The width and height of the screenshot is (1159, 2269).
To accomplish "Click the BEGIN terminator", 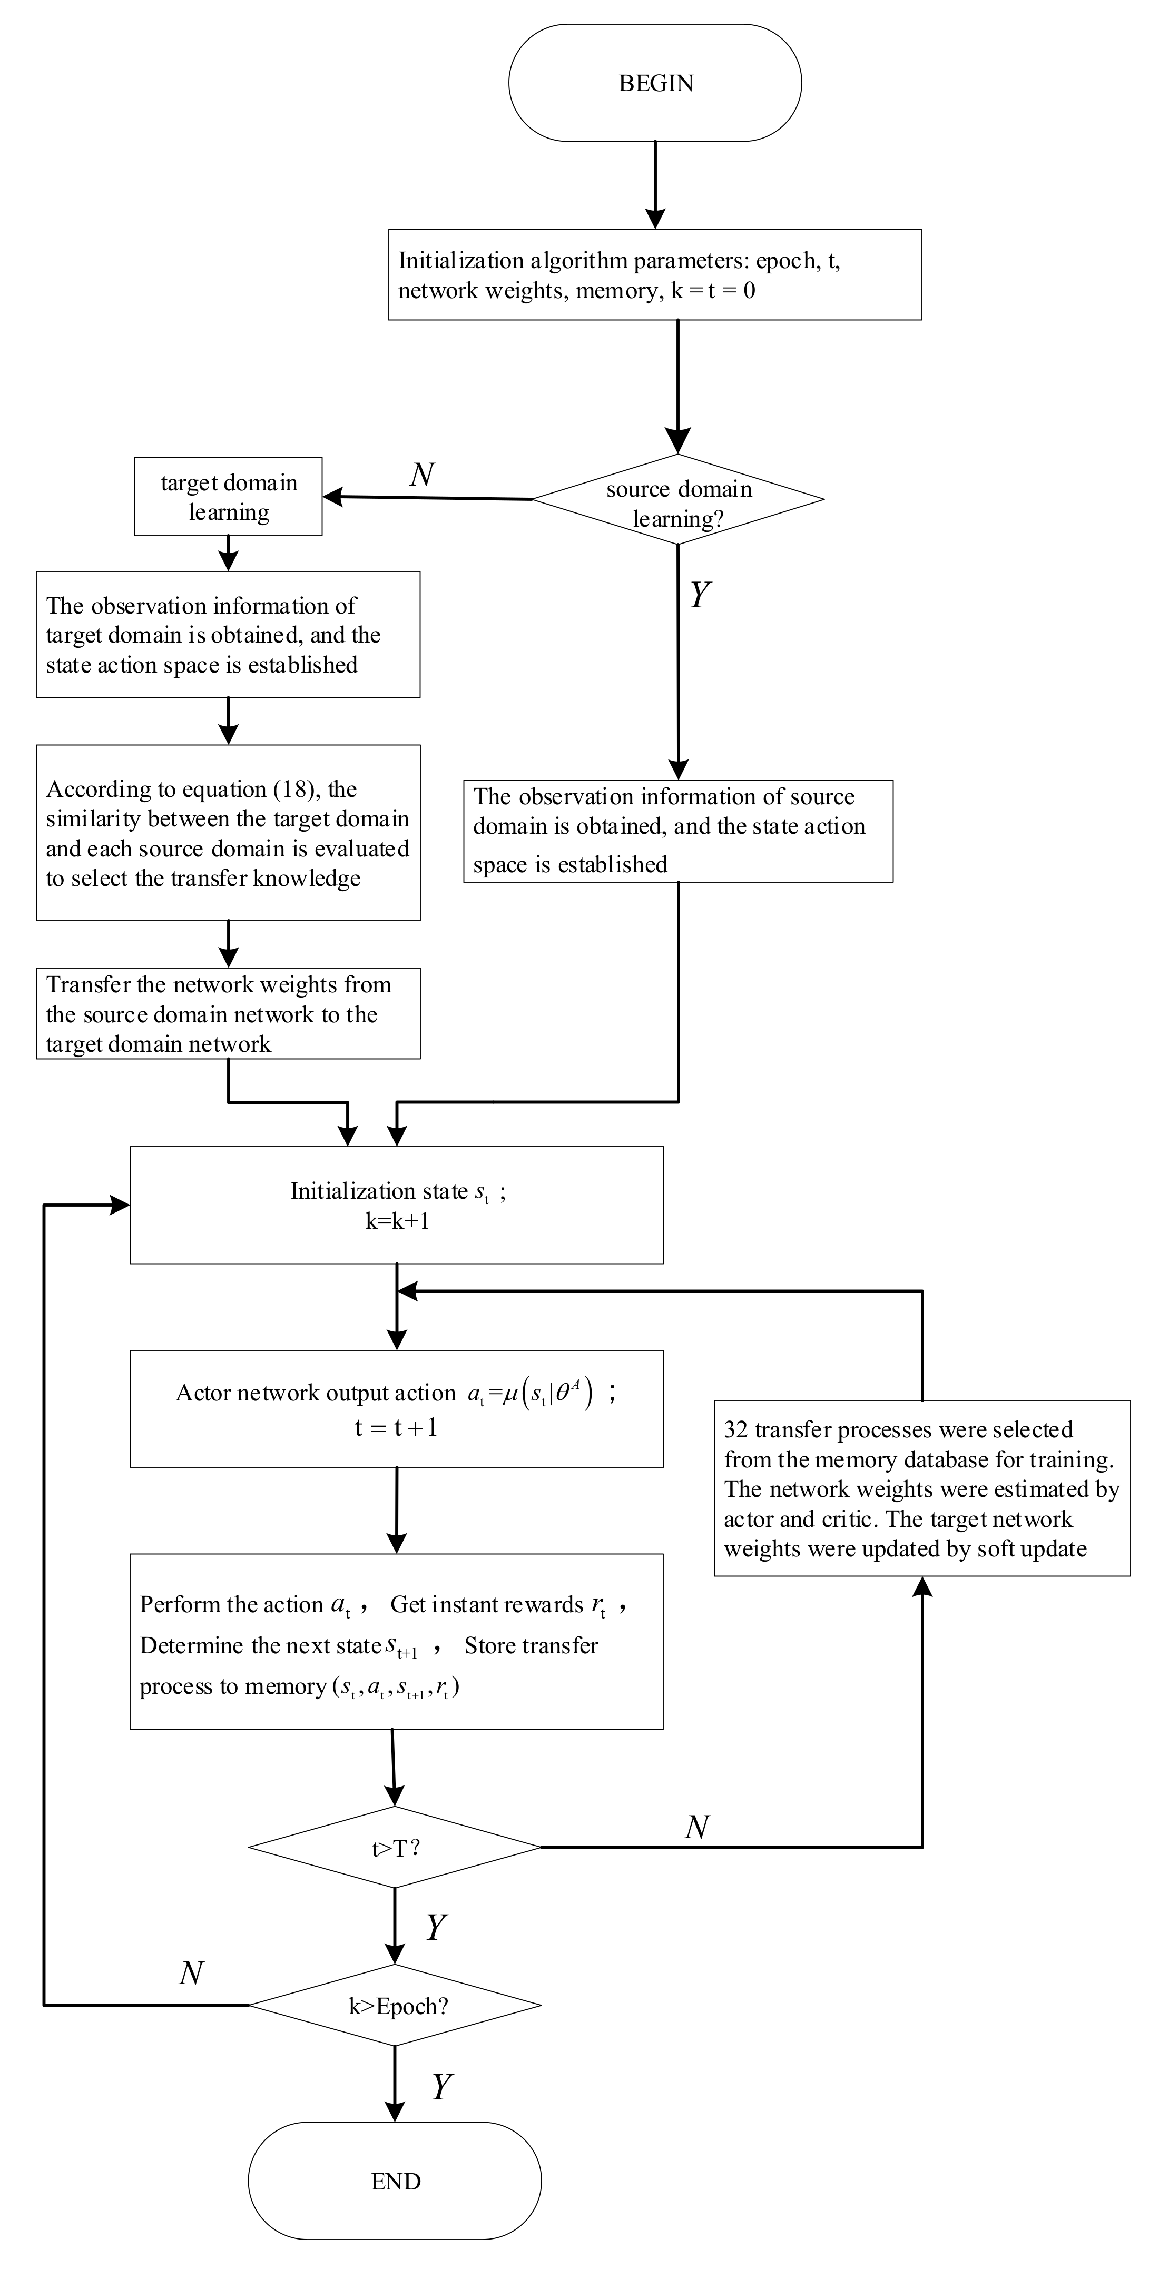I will click(x=655, y=83).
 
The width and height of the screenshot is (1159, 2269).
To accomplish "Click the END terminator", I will click(x=396, y=2181).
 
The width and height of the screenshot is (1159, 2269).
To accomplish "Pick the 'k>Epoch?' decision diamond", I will click(x=396, y=2007).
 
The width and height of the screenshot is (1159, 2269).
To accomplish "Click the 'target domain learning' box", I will click(x=228, y=497).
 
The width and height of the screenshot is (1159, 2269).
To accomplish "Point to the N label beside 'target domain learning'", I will click(x=422, y=475).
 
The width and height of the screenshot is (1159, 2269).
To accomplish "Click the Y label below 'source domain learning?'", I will click(x=699, y=596).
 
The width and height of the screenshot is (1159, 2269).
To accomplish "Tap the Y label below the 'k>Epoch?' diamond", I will click(x=441, y=2087).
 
